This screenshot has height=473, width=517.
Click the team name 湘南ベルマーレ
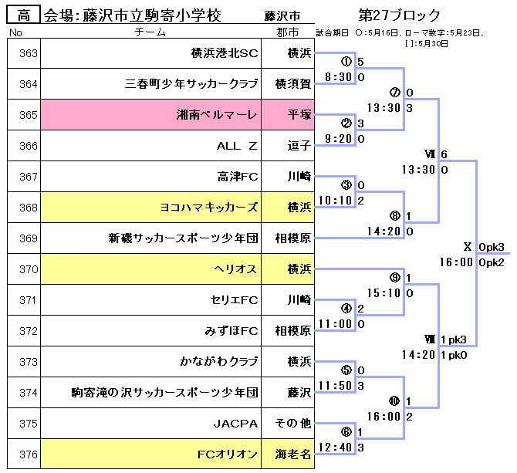click(x=217, y=115)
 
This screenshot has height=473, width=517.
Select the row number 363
click(x=28, y=53)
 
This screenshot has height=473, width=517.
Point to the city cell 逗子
click(x=297, y=145)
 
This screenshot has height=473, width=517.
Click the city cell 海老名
click(x=294, y=454)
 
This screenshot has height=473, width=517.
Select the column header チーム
click(x=150, y=32)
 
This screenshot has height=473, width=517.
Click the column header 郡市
click(x=293, y=32)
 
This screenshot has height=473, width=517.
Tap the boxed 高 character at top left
click(x=24, y=15)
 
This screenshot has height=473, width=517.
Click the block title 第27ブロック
click(x=400, y=15)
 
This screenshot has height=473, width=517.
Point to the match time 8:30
click(x=339, y=77)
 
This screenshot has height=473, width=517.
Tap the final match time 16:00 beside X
click(x=458, y=262)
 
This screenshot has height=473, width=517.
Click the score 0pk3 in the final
click(x=492, y=247)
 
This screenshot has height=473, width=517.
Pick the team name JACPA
click(x=235, y=423)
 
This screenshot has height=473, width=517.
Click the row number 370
click(x=28, y=269)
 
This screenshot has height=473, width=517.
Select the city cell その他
click(x=293, y=423)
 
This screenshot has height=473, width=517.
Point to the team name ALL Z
click(x=236, y=145)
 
